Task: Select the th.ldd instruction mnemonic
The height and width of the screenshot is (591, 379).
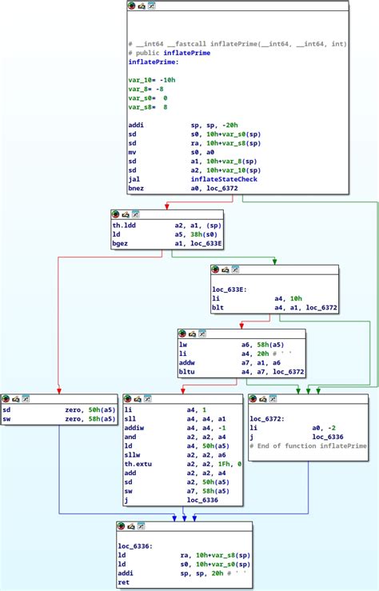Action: [124, 226]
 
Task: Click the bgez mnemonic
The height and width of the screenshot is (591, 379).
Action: [120, 242]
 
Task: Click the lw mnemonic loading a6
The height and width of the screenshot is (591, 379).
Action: [182, 343]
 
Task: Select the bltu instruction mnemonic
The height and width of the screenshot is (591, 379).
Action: [186, 370]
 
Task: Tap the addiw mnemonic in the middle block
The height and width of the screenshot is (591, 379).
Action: [134, 427]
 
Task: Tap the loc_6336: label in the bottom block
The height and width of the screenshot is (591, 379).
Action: [134, 545]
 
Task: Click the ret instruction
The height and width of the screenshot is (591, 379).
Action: [123, 582]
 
